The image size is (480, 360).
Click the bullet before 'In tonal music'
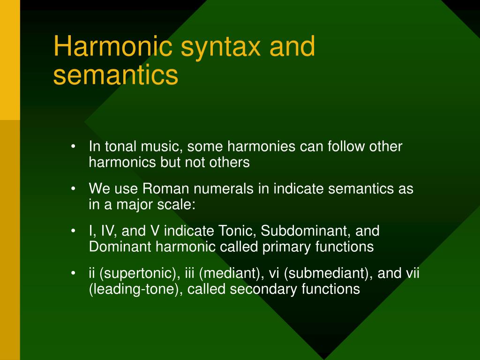point(74,147)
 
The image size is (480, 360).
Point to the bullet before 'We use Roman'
point(74,189)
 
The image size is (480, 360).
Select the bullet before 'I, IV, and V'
point(74,231)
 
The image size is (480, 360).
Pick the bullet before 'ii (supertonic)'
point(74,273)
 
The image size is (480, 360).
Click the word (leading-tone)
point(136,289)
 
